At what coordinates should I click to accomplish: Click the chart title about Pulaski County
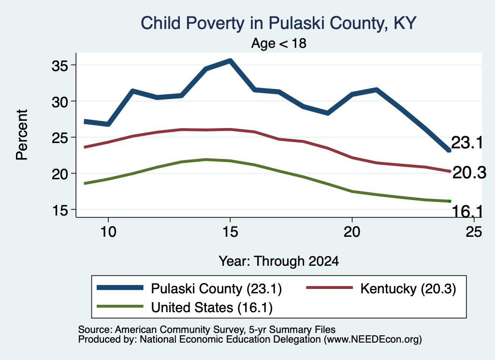point(278,23)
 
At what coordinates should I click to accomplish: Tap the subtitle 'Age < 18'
point(279,43)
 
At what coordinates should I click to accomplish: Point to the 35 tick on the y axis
point(59,66)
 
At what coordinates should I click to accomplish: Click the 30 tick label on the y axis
point(59,102)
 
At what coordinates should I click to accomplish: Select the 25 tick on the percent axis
point(59,138)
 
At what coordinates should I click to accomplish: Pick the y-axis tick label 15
point(59,210)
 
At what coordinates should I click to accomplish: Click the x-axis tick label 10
point(108,232)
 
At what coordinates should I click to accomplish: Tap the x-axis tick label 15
point(230,232)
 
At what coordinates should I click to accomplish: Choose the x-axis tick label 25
point(474,232)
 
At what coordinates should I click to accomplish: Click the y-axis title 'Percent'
point(22,135)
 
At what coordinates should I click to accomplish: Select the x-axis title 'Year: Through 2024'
point(279,261)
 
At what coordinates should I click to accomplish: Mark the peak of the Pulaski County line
point(231,60)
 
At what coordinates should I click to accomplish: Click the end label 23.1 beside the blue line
point(467,143)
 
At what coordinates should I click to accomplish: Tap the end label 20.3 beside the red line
point(469,173)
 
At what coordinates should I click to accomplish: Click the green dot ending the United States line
point(450,202)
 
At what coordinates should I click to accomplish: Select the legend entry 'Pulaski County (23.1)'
point(189,288)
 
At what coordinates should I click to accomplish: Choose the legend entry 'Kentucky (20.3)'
point(381,288)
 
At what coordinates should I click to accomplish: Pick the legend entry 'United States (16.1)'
point(185,307)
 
